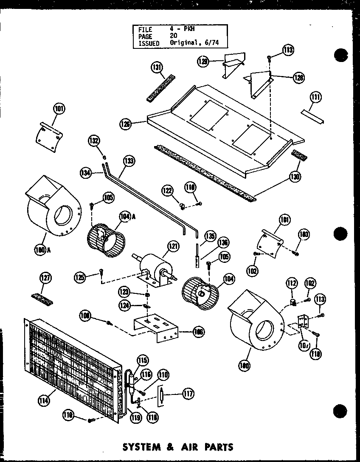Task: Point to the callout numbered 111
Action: click(315, 98)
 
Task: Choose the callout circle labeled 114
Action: click(43, 399)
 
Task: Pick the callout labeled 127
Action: click(46, 279)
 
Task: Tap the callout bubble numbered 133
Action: click(128, 161)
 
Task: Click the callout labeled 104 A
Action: click(125, 217)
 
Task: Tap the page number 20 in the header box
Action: click(174, 37)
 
